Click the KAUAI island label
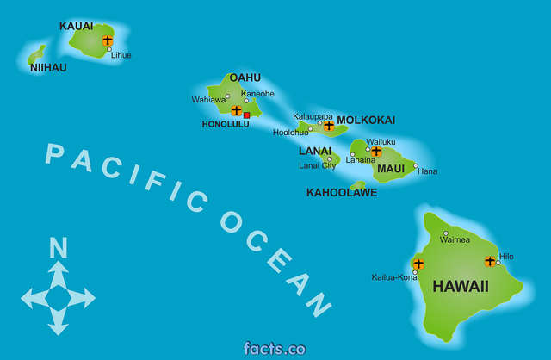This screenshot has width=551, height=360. (76, 26)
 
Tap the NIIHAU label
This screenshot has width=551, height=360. (47, 67)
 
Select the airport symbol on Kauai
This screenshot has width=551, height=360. (108, 40)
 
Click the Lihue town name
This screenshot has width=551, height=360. (121, 55)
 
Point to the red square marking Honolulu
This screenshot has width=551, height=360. (246, 115)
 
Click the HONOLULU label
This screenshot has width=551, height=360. (226, 124)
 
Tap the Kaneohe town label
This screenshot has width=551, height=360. (257, 93)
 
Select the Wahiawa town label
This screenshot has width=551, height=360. (208, 100)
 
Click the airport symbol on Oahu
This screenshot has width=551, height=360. (236, 110)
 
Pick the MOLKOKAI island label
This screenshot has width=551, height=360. (366, 120)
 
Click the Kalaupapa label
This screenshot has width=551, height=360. (313, 116)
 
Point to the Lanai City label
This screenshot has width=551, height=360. (317, 165)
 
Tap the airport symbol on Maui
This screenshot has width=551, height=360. (376, 151)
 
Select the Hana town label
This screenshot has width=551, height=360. (427, 171)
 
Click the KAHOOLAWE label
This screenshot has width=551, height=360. (342, 193)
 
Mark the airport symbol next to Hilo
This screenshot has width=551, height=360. (490, 261)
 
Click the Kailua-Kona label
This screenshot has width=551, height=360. (394, 277)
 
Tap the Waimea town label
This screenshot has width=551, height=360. (455, 240)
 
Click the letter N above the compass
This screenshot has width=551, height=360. (58, 249)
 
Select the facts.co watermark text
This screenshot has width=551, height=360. (275, 349)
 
